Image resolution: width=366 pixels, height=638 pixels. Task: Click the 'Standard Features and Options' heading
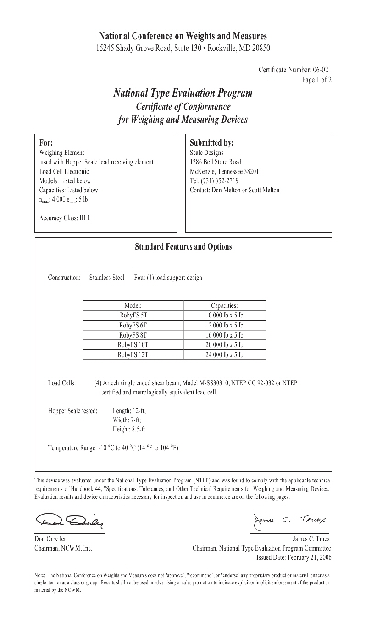(183, 247)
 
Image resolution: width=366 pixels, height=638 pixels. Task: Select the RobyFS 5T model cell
(133, 315)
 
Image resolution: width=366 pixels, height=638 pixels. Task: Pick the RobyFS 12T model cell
(133, 354)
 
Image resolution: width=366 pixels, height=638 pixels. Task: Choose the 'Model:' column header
(133, 305)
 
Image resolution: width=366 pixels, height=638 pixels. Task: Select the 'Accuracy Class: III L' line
(65, 218)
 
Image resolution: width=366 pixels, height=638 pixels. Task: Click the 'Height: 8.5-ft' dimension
(129, 429)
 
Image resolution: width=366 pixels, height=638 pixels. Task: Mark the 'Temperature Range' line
(113, 447)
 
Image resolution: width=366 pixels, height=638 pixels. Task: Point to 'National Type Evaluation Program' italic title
(183, 93)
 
